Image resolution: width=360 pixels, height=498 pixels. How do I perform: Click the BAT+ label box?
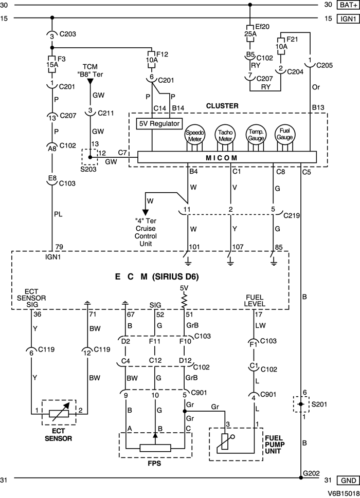click(x=346, y=5)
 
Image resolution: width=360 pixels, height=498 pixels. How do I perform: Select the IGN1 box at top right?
click(x=346, y=19)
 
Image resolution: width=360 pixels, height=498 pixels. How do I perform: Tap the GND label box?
click(x=346, y=480)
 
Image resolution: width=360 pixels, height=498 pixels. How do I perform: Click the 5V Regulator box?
click(x=158, y=124)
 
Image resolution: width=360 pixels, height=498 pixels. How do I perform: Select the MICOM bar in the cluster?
click(x=227, y=157)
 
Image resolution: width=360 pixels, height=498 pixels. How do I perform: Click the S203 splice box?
click(x=90, y=157)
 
